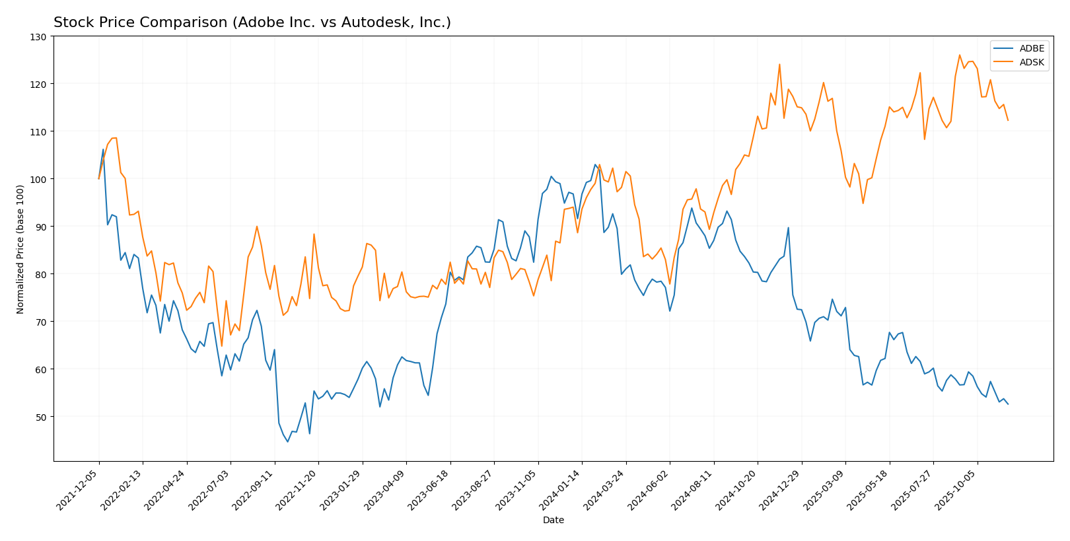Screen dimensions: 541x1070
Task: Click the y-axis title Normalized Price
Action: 20,249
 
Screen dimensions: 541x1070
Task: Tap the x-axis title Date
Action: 553,521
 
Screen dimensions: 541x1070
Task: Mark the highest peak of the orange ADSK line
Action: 960,55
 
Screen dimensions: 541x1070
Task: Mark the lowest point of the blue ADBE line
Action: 287,442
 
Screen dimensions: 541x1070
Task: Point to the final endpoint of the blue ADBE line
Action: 1008,404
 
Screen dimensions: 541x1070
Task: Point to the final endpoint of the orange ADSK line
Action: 1008,120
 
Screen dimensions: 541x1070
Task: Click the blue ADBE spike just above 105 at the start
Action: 103,149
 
